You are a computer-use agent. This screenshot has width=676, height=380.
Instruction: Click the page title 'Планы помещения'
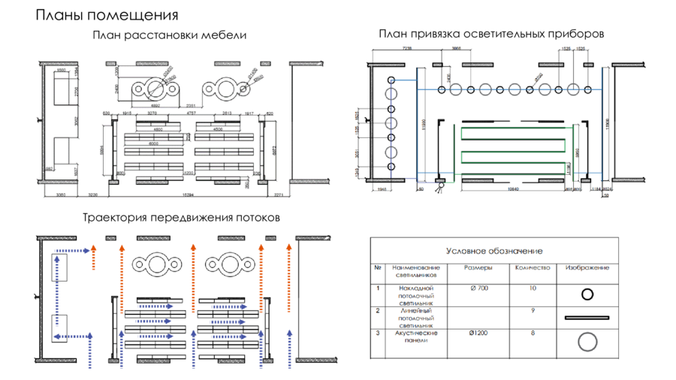pos(107,16)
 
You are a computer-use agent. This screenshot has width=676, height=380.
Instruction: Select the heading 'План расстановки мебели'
pos(170,35)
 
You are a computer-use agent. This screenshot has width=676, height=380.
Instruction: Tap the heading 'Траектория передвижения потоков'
pos(182,217)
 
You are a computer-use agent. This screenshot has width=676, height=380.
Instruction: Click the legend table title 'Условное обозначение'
pos(494,251)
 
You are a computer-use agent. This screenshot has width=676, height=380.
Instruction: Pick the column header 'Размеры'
pos(478,267)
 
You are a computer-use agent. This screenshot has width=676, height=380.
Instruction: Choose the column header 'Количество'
pos(533,267)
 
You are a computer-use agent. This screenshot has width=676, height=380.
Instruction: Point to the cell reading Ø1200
pos(478,331)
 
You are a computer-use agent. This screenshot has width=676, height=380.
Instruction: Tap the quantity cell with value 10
pos(533,288)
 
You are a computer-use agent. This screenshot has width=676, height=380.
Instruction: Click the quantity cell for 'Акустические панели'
pos(533,331)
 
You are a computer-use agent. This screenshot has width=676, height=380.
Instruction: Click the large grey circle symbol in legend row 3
pos(587,342)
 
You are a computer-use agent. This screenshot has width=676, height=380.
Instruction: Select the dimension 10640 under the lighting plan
pos(514,190)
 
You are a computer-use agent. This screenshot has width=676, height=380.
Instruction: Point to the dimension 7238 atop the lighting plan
pos(407,47)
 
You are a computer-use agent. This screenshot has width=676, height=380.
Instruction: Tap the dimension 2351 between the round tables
pos(192,106)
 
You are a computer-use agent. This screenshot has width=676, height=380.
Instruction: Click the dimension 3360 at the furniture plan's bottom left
pos(62,195)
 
